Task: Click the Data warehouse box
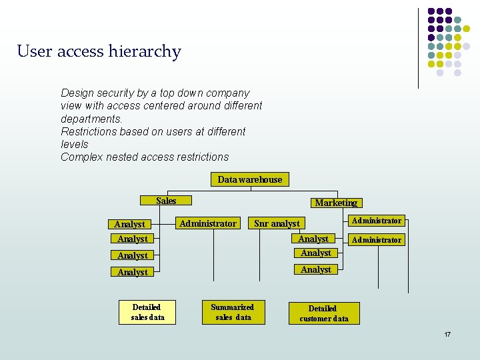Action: (x=250, y=179)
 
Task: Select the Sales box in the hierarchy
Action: (x=166, y=201)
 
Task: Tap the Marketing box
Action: (x=336, y=203)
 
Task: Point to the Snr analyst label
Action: (x=277, y=224)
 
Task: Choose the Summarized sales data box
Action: (x=233, y=312)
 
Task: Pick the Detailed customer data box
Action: (x=323, y=313)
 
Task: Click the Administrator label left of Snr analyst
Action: (x=207, y=223)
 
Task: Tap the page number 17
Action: (x=447, y=334)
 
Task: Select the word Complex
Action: (x=81, y=157)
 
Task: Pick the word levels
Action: (x=74, y=144)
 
